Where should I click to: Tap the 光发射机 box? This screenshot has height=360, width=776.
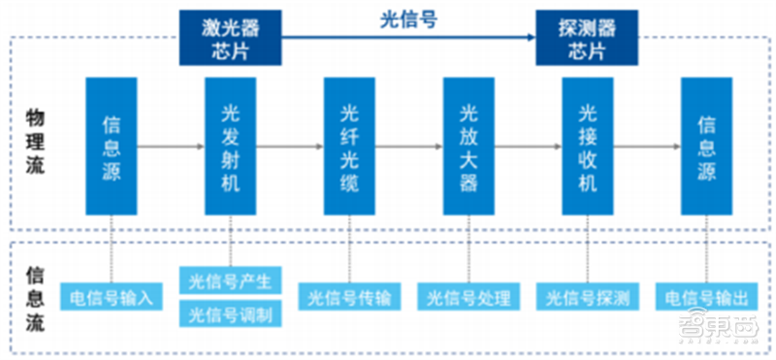(x=230, y=146)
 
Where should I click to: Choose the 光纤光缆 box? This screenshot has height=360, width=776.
(x=349, y=146)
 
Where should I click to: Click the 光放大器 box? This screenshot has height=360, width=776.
(x=469, y=146)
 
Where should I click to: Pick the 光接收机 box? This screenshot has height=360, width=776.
(x=588, y=146)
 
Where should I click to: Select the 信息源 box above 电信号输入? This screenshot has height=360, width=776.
(x=111, y=146)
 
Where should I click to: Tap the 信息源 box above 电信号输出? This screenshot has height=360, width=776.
(x=706, y=146)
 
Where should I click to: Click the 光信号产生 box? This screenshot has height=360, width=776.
(x=231, y=281)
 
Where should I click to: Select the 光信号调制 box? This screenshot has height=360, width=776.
(x=231, y=313)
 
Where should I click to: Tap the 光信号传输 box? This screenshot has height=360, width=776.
(x=349, y=297)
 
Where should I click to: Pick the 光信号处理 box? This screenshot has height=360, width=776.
(x=469, y=297)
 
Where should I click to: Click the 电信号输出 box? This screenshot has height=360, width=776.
(x=705, y=297)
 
